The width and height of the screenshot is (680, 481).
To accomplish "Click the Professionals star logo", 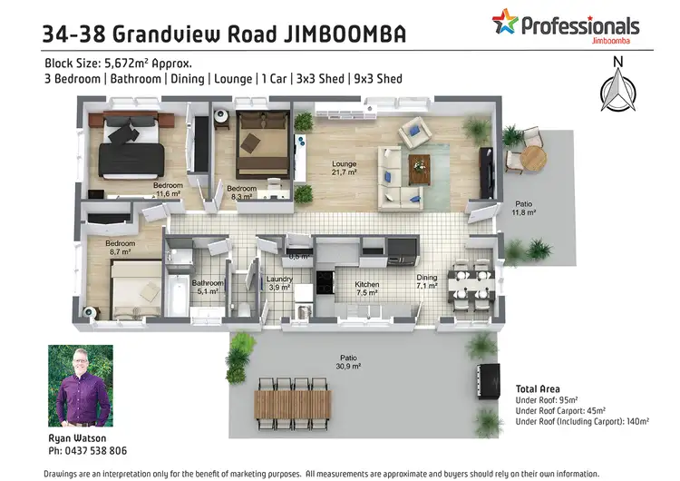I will point(506,22).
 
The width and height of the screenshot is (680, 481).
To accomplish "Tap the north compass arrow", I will point(618,88).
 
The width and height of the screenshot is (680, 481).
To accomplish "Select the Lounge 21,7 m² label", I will point(345,167).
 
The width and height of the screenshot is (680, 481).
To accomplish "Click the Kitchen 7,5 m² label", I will point(367,289).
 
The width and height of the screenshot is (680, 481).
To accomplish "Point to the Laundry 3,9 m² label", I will point(279,283).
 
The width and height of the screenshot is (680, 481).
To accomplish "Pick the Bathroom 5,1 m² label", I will point(207,287).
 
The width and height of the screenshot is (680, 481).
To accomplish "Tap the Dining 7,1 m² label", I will point(426,282).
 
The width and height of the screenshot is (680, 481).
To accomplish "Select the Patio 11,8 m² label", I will point(524,209).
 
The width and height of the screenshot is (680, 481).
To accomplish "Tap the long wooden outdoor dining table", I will point(293,401).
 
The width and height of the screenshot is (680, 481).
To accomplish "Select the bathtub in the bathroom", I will point(178,296).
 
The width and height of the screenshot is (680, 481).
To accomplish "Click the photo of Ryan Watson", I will point(80,386).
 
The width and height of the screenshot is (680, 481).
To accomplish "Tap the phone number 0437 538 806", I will point(87,451).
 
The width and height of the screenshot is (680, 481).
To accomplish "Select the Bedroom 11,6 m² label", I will point(168,190).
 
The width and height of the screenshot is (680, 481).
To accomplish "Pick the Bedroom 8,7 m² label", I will point(120,249).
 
